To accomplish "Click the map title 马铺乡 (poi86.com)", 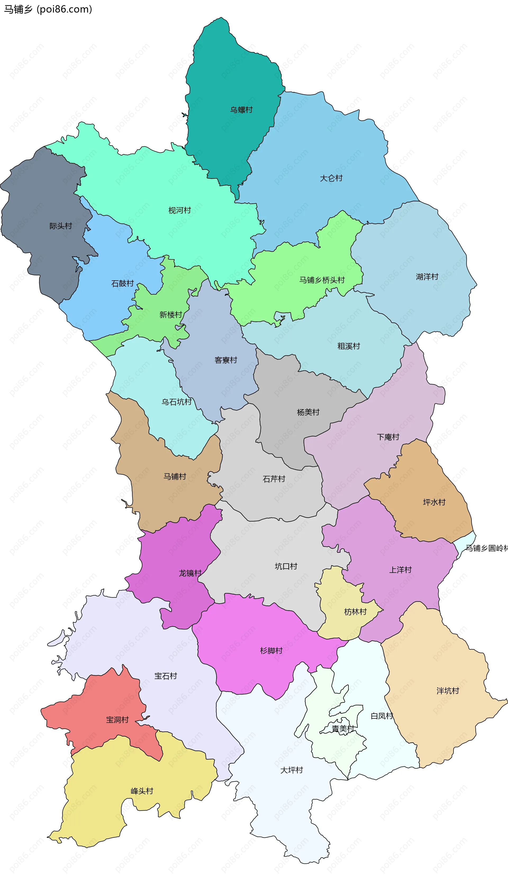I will click(48, 9).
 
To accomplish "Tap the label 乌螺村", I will click(241, 110).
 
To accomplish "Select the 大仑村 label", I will click(331, 178).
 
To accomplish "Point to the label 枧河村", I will click(180, 210).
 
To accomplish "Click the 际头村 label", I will click(61, 226).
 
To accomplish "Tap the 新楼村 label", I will click(171, 314).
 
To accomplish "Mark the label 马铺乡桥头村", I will click(322, 280).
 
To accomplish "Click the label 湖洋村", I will click(427, 276).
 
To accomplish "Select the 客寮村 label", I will click(226, 360).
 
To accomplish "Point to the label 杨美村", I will click(308, 412).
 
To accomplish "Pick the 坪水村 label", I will click(434, 502).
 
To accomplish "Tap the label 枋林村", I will click(355, 612).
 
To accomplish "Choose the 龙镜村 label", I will click(190, 573).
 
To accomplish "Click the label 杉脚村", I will click(271, 650).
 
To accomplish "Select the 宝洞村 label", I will click(117, 720).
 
